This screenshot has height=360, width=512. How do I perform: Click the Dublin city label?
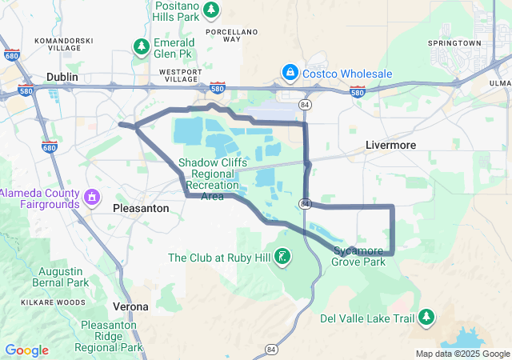tap(62, 77)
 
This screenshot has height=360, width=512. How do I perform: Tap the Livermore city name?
tap(390, 145)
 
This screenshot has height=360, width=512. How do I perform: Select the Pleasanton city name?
tap(141, 207)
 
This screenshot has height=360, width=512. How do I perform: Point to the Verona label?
tap(130, 306)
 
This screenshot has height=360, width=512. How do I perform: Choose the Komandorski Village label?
tap(63, 44)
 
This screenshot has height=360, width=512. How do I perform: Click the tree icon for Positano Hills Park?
tap(210, 10)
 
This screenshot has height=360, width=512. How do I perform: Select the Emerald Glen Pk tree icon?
tap(142, 46)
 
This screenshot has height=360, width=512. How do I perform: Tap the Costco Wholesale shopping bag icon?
tap(289, 74)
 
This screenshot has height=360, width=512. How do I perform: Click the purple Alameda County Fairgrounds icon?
tap(93, 196)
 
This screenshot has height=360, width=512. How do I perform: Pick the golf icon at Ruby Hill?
tap(282, 257)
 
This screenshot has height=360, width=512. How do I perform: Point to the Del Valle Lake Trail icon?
tap(426, 318)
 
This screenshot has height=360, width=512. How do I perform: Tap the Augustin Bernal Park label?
tap(62, 277)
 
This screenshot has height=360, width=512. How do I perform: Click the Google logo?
tap(26, 350)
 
